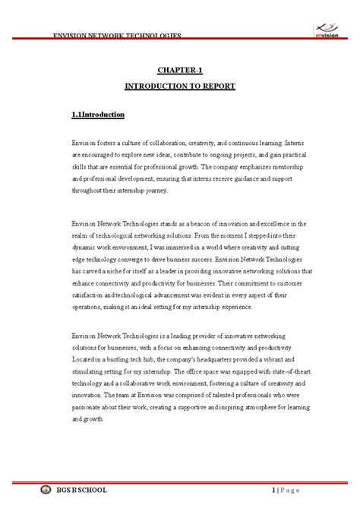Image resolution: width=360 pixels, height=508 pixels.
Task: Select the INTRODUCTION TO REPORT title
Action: pos(180,86)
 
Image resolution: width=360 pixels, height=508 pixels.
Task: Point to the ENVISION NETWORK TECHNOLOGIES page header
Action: pos(116,36)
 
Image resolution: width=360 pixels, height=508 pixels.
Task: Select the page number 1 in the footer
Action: pos(273,490)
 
